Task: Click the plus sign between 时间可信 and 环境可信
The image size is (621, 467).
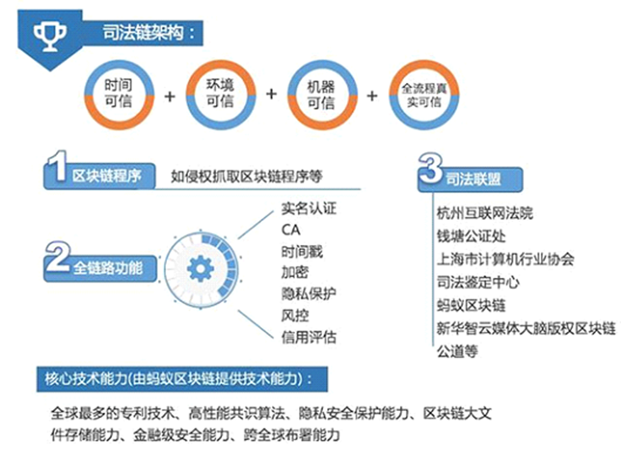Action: pos(169,97)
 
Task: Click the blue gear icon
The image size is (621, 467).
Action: pos(201,270)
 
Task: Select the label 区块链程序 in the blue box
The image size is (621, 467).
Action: pos(107,176)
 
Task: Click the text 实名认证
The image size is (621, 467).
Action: pos(308,208)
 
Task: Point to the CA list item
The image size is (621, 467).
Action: pos(291,231)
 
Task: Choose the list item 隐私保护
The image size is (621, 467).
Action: pos(308,294)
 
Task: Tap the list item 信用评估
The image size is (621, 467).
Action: pos(308,337)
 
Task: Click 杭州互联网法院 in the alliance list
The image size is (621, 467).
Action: pos(485,214)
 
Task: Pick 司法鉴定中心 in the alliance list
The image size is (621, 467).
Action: pos(478,282)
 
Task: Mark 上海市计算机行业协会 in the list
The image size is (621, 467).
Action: pos(505,259)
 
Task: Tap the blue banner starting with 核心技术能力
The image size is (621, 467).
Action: pos(182,379)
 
